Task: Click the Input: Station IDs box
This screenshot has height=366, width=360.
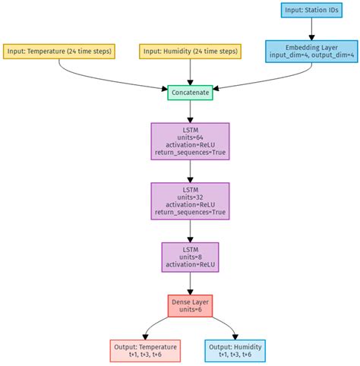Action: [x=311, y=11]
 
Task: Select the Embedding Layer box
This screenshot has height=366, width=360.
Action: [x=311, y=51]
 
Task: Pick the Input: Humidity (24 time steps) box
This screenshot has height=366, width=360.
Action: [x=189, y=51]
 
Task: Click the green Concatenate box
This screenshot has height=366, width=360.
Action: [x=190, y=92]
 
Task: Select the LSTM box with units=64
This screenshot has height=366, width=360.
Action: [x=190, y=140]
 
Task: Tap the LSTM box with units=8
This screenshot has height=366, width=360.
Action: [x=190, y=257]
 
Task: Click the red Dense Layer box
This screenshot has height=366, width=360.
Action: [x=190, y=306]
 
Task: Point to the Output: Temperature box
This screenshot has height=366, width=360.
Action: [x=144, y=350]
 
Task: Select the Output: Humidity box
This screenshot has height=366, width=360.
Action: [x=235, y=350]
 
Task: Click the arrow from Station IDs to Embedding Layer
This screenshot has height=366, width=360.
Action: [x=311, y=30]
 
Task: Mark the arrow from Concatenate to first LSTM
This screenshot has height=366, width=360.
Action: [x=190, y=111]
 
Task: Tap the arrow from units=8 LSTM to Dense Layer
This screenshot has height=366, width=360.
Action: [x=190, y=282]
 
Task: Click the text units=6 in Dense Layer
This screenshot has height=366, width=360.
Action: [x=190, y=311]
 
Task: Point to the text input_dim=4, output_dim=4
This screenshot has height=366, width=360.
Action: [x=311, y=55]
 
